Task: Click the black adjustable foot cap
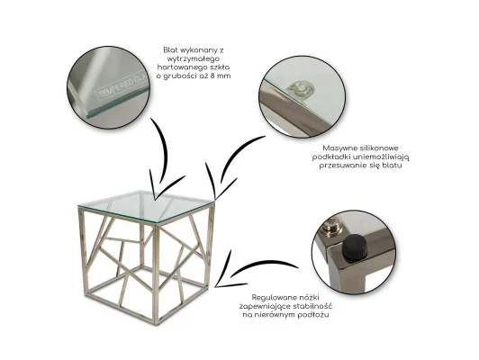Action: pos(352,248)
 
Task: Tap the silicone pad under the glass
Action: pos(301,90)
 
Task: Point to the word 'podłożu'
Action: pos(314,315)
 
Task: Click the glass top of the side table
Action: pos(146,207)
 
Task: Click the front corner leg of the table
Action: pos(156,274)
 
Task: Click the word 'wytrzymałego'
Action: pos(191,58)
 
